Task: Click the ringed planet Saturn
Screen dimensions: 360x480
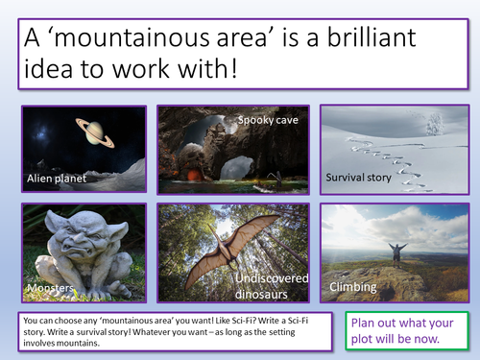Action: [x=96, y=134]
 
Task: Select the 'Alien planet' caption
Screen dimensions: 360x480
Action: [x=59, y=179]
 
